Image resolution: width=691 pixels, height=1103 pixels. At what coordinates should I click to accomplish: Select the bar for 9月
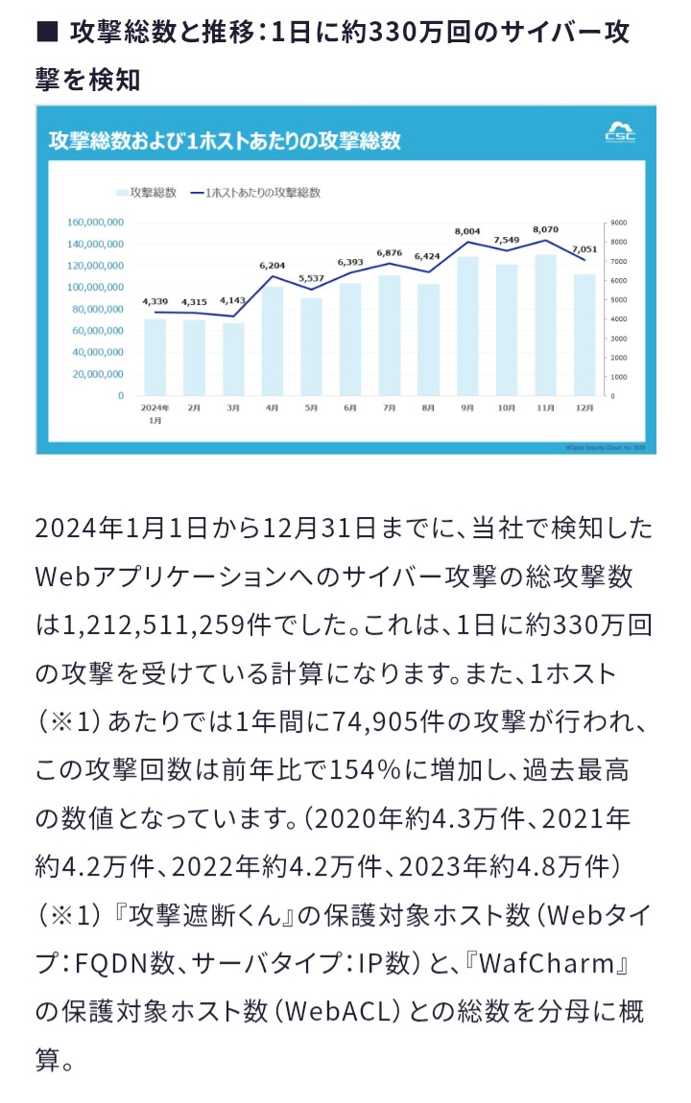pyautogui.click(x=467, y=326)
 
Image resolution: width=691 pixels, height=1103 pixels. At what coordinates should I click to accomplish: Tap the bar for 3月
pyautogui.click(x=233, y=359)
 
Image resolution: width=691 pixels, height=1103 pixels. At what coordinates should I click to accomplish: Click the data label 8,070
pyautogui.click(x=545, y=230)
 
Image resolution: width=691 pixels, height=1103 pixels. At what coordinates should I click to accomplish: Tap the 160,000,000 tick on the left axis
pyautogui.click(x=95, y=222)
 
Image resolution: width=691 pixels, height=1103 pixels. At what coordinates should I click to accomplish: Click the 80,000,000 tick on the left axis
pyautogui.click(x=98, y=309)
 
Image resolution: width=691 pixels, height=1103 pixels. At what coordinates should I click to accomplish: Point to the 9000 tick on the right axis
pyautogui.click(x=618, y=222)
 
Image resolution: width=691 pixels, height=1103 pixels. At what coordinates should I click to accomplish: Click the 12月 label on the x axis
pyautogui.click(x=584, y=408)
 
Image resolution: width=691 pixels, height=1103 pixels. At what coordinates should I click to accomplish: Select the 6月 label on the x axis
pyautogui.click(x=349, y=408)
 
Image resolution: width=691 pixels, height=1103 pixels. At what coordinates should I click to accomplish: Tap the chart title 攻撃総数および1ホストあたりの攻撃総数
pyautogui.click(x=225, y=141)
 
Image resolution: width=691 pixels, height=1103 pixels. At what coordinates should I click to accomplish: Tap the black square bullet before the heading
pyautogui.click(x=46, y=33)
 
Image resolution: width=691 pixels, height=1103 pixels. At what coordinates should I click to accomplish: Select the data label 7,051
pyautogui.click(x=584, y=247)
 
